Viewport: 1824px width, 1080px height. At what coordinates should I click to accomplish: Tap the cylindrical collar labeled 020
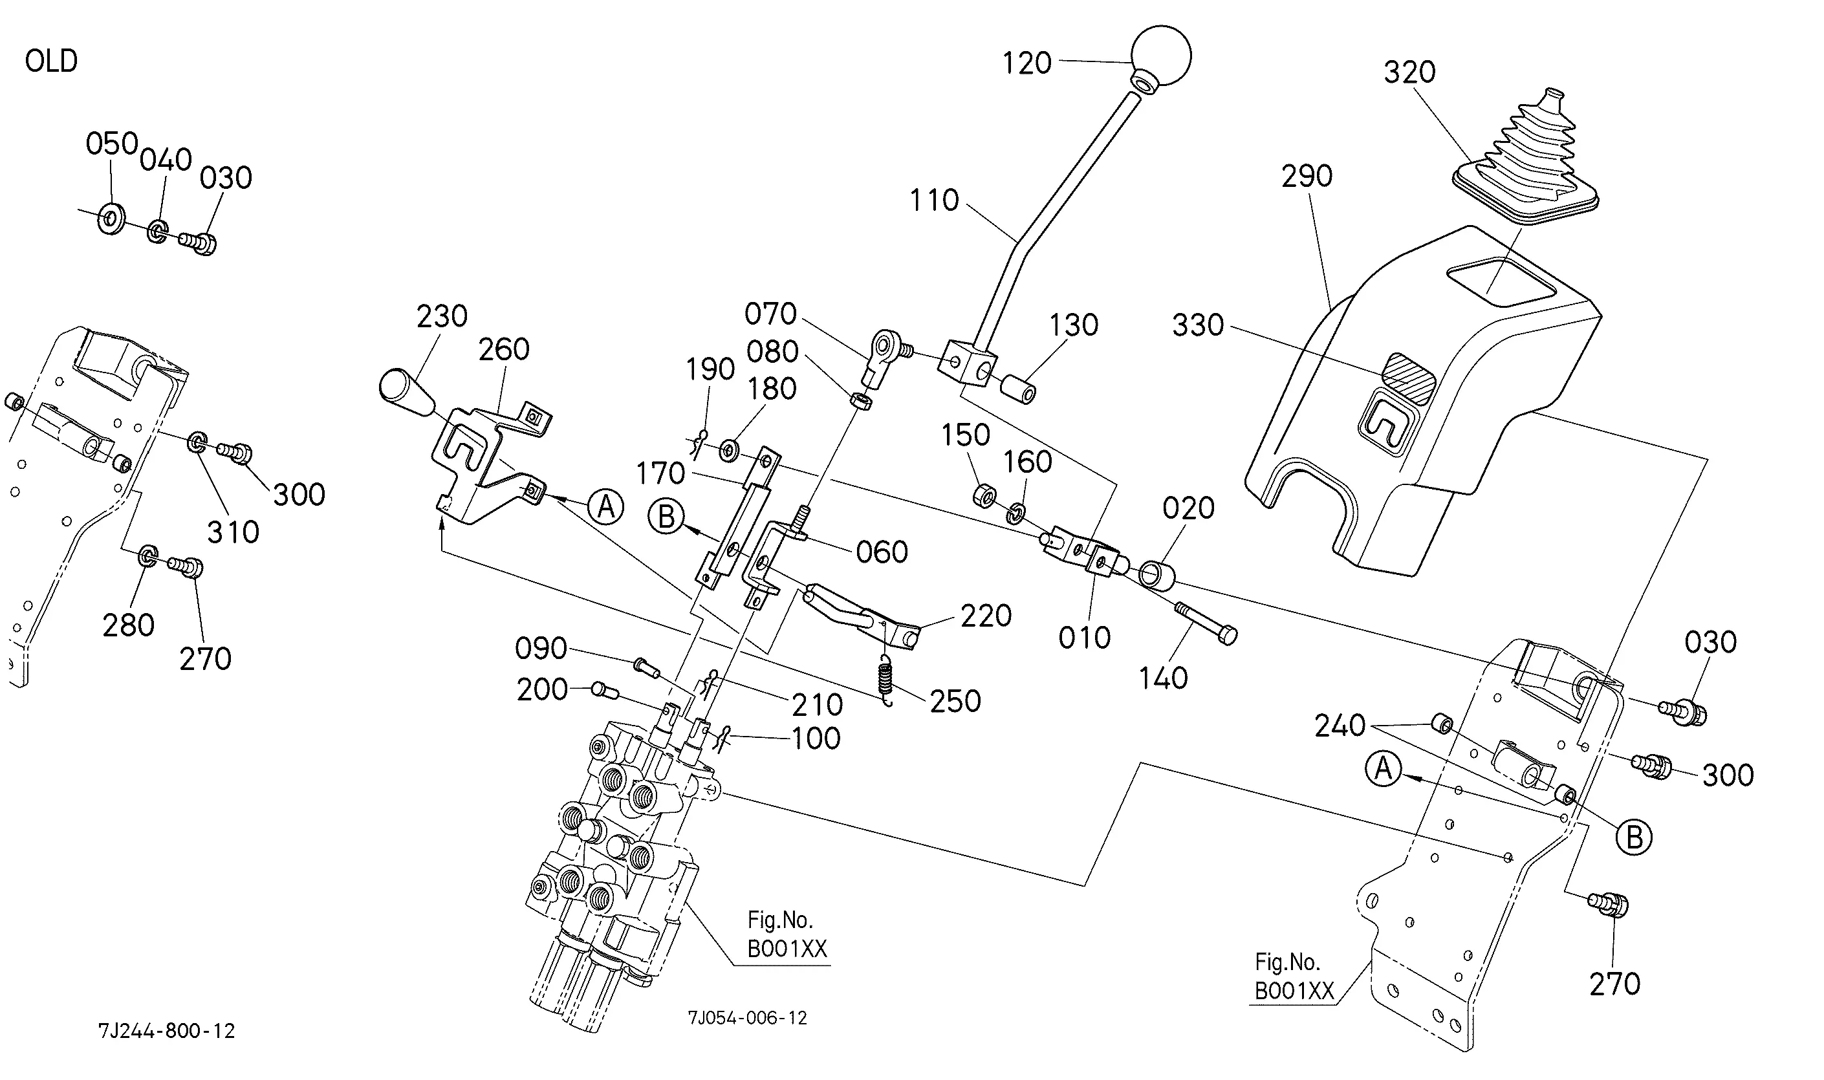(x=1156, y=574)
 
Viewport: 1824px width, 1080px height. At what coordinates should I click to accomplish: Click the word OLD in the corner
(x=51, y=61)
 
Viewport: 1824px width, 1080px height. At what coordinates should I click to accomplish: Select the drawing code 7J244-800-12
(x=167, y=1030)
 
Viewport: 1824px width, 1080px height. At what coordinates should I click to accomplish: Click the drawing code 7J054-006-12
(x=748, y=1018)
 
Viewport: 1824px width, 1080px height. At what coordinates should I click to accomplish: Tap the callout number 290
(x=1307, y=176)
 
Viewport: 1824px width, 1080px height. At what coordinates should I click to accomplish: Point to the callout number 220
(x=986, y=616)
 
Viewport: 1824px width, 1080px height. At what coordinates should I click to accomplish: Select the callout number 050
(x=112, y=144)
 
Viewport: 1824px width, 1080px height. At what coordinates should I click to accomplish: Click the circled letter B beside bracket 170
(x=666, y=517)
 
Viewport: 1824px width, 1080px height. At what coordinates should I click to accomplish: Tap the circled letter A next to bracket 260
(x=606, y=506)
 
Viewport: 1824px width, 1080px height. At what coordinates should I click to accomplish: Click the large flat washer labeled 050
(x=111, y=219)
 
